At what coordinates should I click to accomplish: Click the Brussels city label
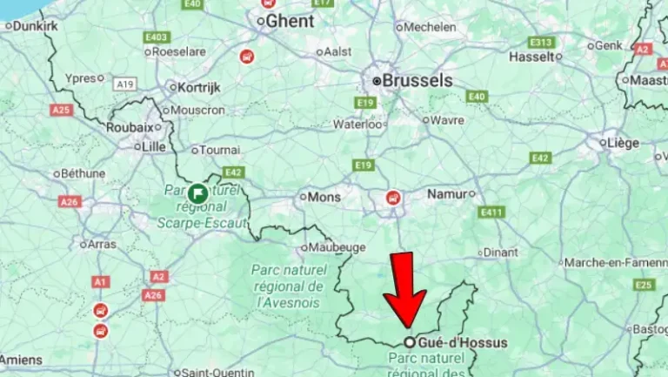click(418, 80)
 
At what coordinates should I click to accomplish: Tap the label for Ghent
click(291, 20)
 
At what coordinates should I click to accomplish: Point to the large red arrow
click(404, 291)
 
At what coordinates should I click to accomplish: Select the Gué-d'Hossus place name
click(461, 343)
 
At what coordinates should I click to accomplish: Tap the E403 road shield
click(157, 37)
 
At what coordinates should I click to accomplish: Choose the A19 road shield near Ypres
click(125, 84)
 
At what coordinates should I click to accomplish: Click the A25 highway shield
click(61, 111)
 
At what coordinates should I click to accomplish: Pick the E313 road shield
click(541, 42)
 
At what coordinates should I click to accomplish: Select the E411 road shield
click(491, 212)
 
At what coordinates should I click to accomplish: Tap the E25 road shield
click(644, 285)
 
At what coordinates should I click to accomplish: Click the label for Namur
click(447, 194)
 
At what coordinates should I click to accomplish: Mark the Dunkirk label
click(37, 26)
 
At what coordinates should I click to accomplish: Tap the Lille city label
click(153, 146)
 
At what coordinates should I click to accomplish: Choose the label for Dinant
click(500, 252)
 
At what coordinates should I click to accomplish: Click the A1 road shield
click(101, 282)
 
